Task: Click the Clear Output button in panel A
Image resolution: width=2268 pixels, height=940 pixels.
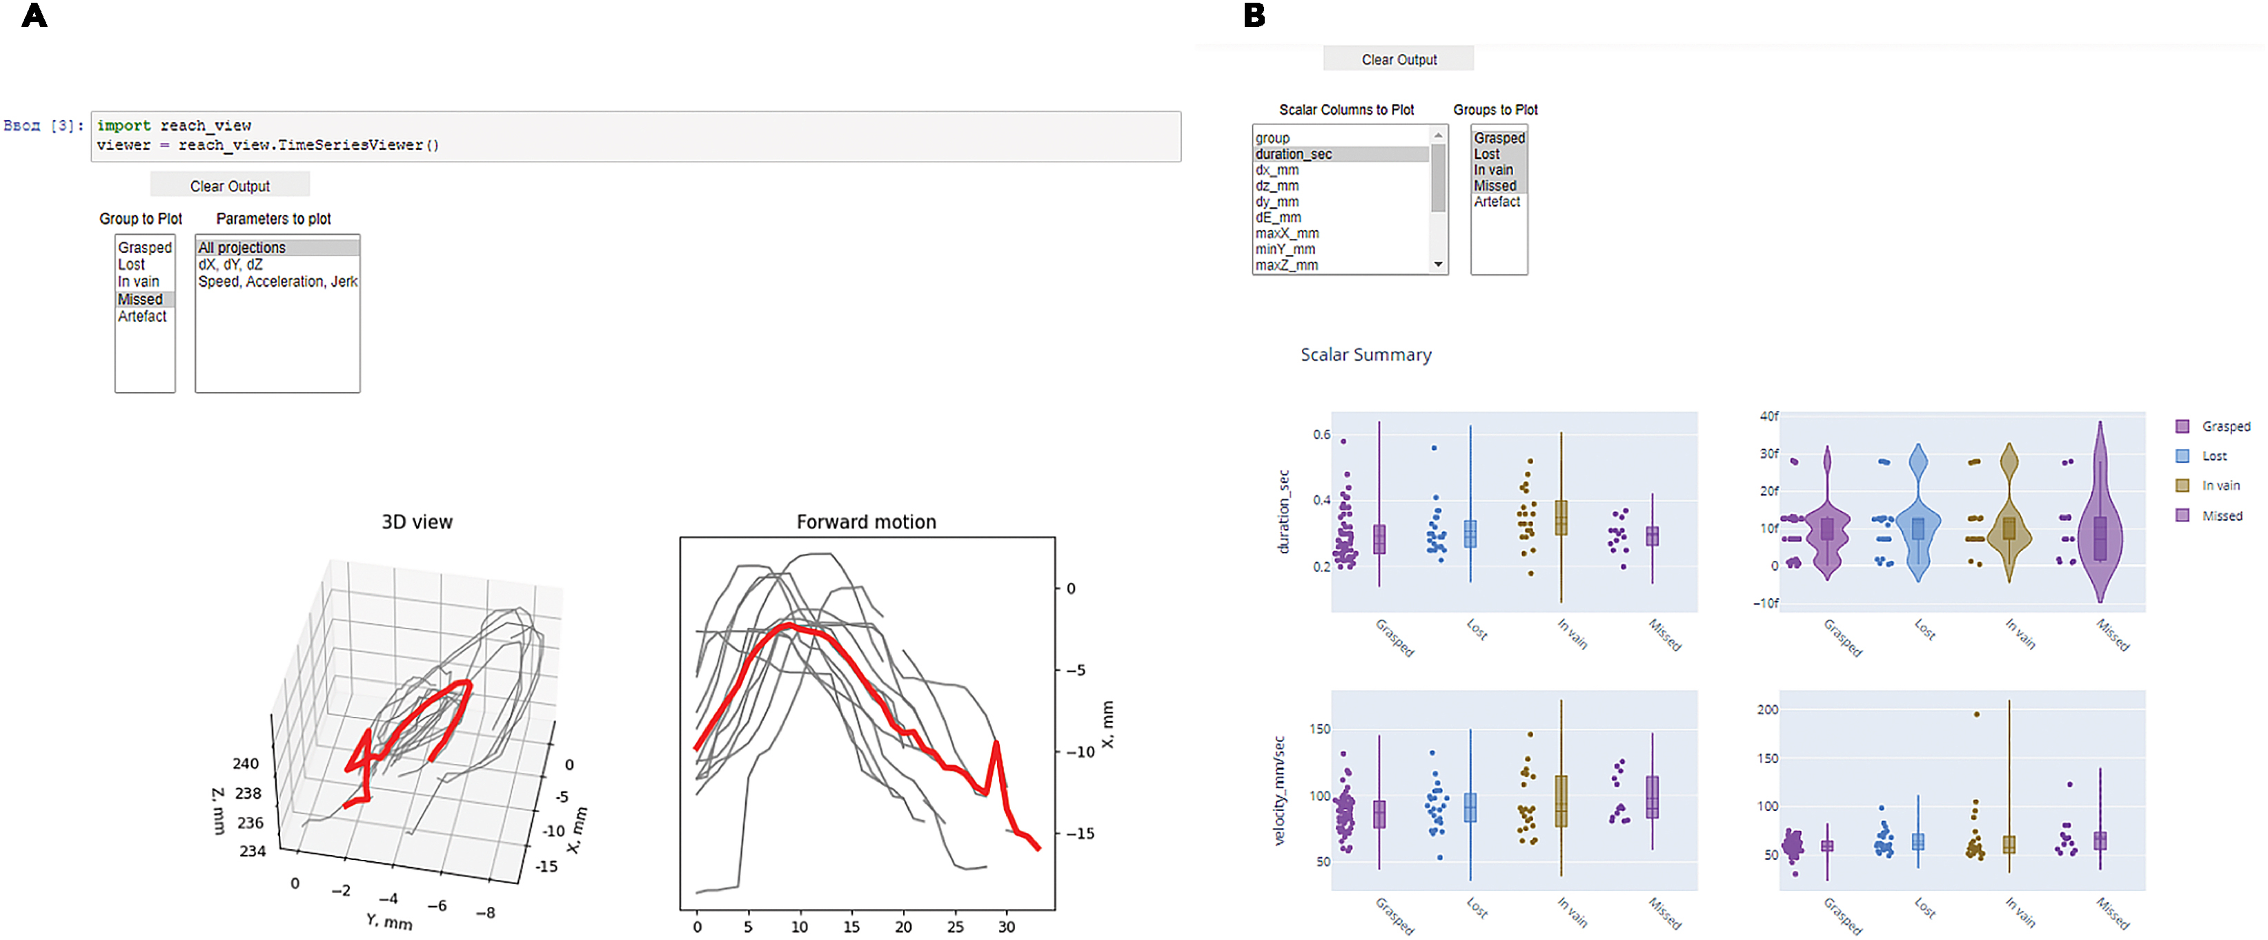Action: click(x=230, y=186)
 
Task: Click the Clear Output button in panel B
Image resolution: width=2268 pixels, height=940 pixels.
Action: click(x=1398, y=59)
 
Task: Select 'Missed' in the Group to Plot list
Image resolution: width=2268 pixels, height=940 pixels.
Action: click(x=141, y=300)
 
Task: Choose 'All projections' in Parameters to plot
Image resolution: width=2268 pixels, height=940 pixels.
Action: click(x=242, y=247)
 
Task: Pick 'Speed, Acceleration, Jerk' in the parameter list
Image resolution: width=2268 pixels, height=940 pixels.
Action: click(x=277, y=282)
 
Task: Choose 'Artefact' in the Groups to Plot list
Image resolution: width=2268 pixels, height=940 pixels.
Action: click(x=1497, y=202)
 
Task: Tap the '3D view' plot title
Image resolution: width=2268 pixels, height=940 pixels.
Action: click(x=417, y=521)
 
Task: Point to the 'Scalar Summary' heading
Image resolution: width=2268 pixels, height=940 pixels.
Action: click(x=1365, y=354)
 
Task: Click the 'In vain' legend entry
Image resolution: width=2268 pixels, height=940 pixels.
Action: click(x=2220, y=486)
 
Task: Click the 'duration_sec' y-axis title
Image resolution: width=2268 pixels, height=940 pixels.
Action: click(x=1283, y=512)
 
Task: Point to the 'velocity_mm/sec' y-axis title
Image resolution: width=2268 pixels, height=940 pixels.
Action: click(x=1279, y=791)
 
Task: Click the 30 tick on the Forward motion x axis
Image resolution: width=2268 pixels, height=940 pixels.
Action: click(x=1006, y=927)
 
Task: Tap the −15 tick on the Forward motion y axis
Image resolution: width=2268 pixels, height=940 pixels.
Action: click(x=1082, y=834)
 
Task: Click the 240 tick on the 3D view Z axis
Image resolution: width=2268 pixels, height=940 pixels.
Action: click(x=246, y=764)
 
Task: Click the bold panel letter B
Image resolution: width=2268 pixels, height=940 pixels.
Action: click(x=1254, y=15)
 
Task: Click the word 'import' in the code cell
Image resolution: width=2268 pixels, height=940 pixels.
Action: click(x=124, y=126)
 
